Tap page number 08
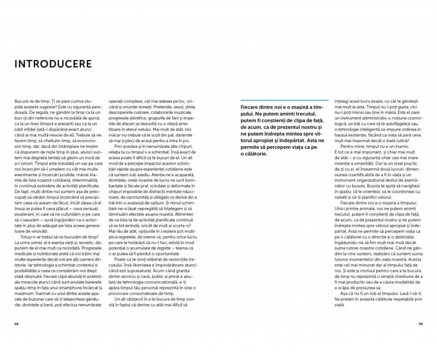[x=16, y=323]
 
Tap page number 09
[x=421, y=323]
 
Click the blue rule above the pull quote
[x=284, y=100]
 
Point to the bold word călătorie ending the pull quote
[x=257, y=154]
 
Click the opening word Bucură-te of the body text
[x=25, y=102]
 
